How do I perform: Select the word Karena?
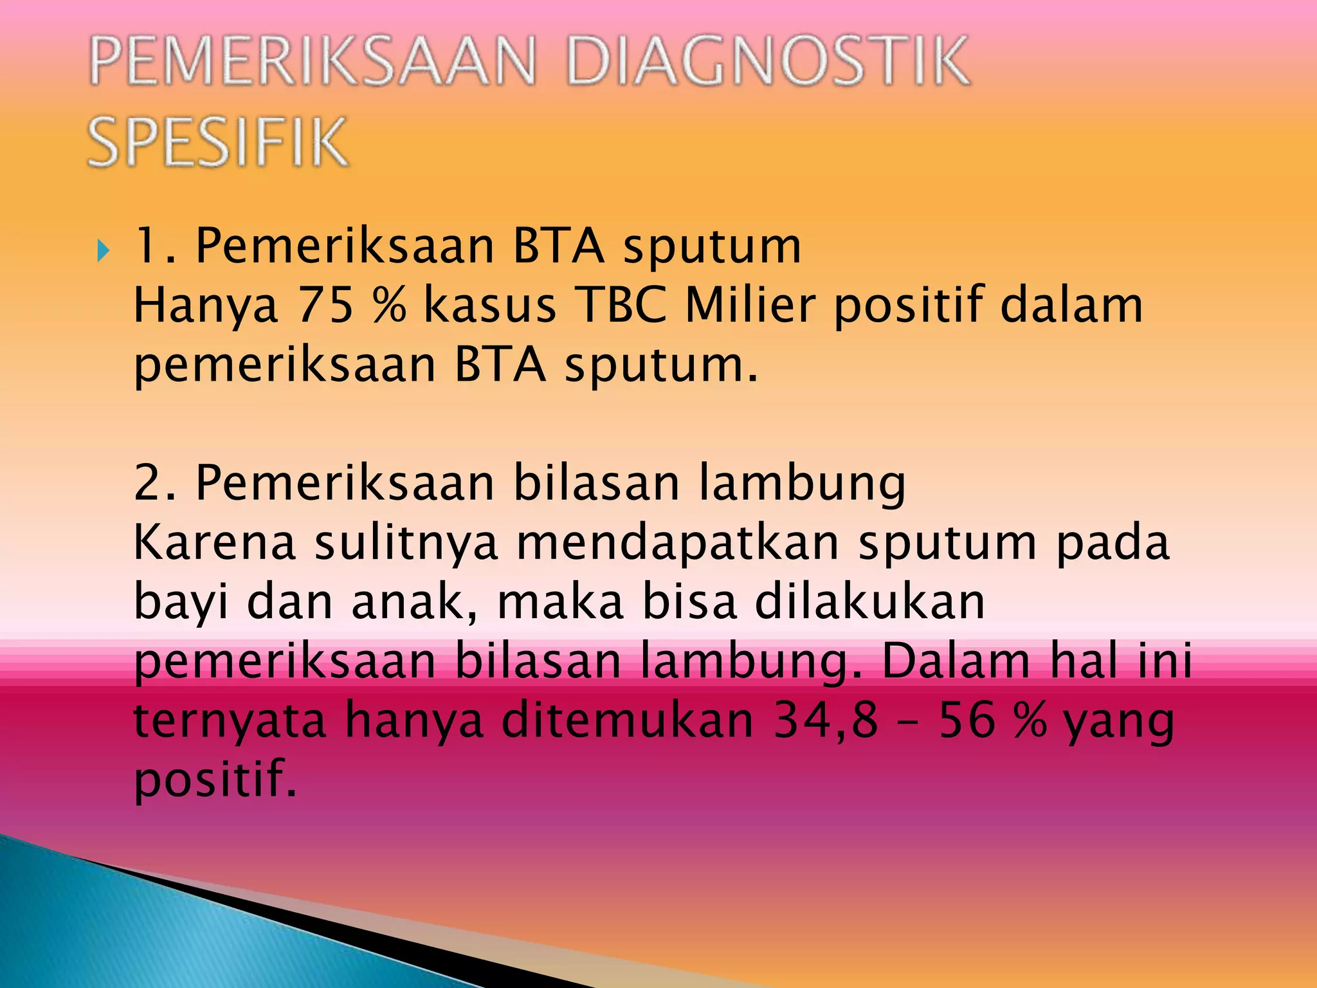214,543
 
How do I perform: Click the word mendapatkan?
678,543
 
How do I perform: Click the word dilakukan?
869,602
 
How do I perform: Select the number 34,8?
826,720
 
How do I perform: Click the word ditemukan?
627,720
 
